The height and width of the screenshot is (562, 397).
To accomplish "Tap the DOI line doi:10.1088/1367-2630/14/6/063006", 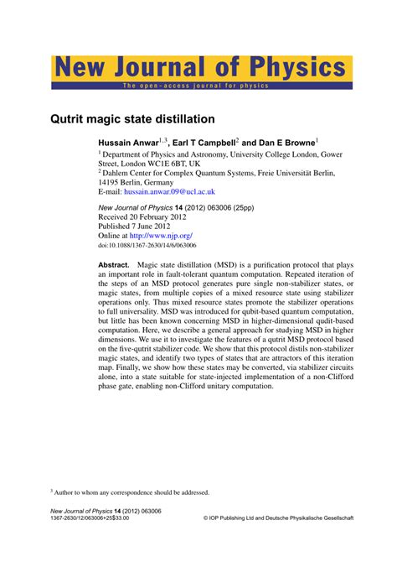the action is (147, 246).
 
